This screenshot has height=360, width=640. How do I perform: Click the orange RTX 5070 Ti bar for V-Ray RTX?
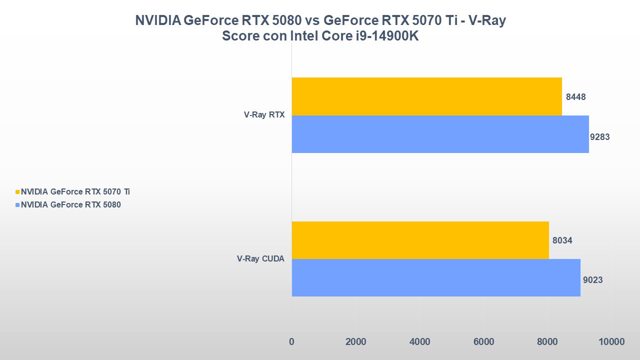(x=426, y=96)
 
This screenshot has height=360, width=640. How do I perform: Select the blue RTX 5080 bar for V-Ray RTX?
(x=440, y=134)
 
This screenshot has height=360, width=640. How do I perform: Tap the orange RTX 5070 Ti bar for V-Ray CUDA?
(x=420, y=240)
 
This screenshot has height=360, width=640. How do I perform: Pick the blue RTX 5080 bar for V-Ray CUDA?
(x=436, y=277)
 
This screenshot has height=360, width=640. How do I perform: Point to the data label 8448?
(x=575, y=97)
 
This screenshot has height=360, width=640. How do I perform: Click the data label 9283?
(x=599, y=137)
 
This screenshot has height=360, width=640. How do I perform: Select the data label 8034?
(x=562, y=241)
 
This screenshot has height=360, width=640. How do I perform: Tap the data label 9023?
(x=592, y=280)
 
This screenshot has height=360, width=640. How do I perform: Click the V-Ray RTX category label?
(x=264, y=114)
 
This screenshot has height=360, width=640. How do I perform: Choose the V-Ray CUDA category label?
(x=260, y=259)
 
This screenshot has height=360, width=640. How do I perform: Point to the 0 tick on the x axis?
(x=291, y=342)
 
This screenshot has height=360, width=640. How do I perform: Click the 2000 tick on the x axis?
(x=355, y=342)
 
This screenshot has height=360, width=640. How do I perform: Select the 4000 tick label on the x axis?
(x=419, y=342)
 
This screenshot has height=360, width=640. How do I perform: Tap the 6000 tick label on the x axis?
(x=483, y=342)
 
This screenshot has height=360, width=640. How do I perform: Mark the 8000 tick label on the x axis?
(x=547, y=342)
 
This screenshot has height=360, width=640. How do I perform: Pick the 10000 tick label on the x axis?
(x=611, y=342)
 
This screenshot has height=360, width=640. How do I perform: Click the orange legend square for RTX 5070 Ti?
(x=18, y=192)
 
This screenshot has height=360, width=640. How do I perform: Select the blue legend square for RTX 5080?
(x=18, y=205)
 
